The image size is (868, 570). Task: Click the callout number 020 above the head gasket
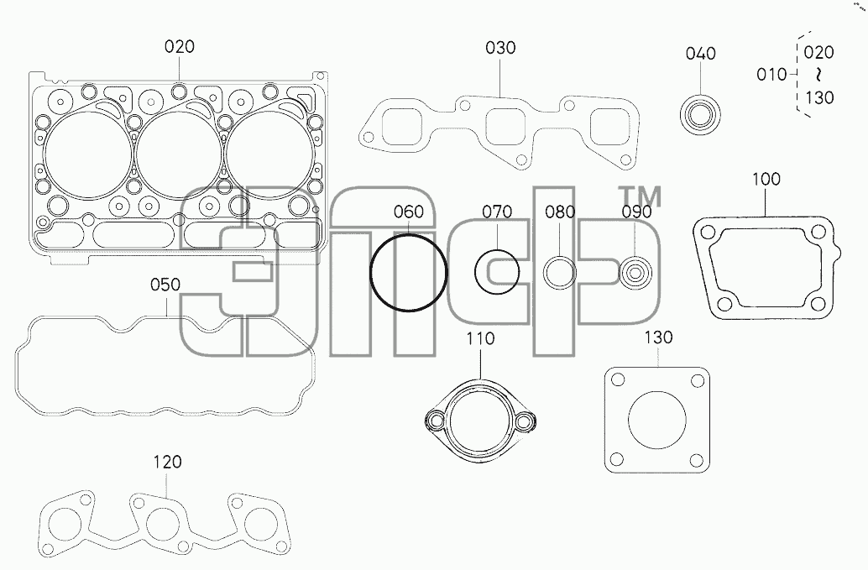[x=180, y=46]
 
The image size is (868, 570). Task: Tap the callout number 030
[x=500, y=48]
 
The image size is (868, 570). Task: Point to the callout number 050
[x=165, y=285]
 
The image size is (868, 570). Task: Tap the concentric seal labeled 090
[x=635, y=273]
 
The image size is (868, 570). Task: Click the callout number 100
[x=766, y=180]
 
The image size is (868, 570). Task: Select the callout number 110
[x=480, y=338]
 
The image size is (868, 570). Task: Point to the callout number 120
[x=166, y=462]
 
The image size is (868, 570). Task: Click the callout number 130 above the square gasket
[x=658, y=337]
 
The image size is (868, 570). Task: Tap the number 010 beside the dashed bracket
[x=771, y=74]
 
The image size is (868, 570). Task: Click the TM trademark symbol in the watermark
[x=639, y=196]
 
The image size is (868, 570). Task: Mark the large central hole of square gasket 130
[x=657, y=420]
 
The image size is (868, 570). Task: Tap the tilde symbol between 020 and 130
[x=818, y=75]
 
